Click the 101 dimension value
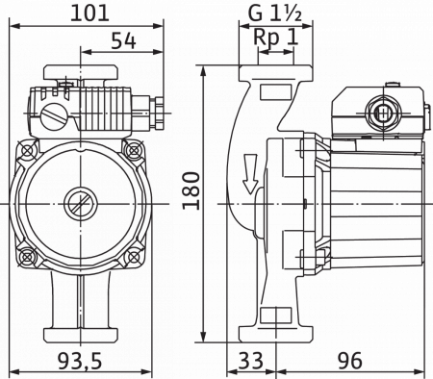pyautogui.click(x=89, y=13)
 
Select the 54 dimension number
pyautogui.click(x=123, y=41)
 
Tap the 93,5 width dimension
pyautogui.click(x=80, y=360)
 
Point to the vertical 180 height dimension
pyautogui.click(x=191, y=190)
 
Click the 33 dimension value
pyautogui.click(x=251, y=360)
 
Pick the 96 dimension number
pyautogui.click(x=350, y=360)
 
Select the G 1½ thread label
pyautogui.click(x=275, y=13)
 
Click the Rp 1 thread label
pyautogui.click(x=276, y=38)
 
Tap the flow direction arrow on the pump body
pyautogui.click(x=250, y=174)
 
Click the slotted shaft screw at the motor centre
pyautogui.click(x=80, y=204)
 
